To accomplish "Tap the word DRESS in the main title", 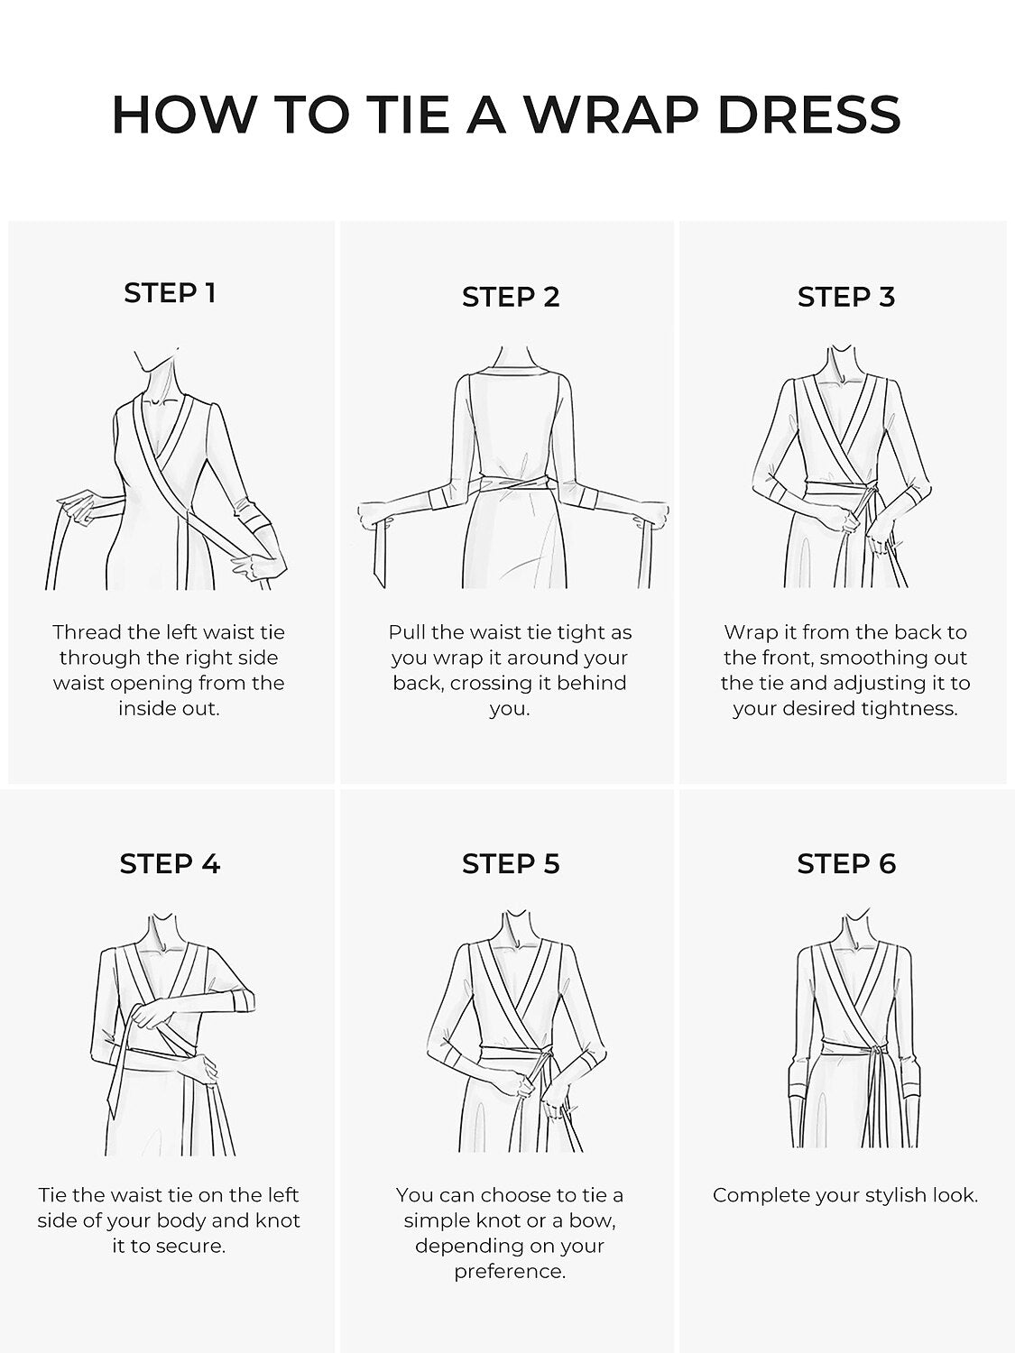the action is pos(809,115).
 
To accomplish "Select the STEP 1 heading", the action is pos(171,293).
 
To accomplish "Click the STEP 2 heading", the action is pos(511,297).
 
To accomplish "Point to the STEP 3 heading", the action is pos(846,297).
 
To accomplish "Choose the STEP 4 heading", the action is pos(171,863).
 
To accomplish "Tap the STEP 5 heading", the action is pos(511,863).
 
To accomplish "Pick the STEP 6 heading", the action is pos(846,863).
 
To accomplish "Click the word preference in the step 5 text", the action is pos(509,1272).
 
